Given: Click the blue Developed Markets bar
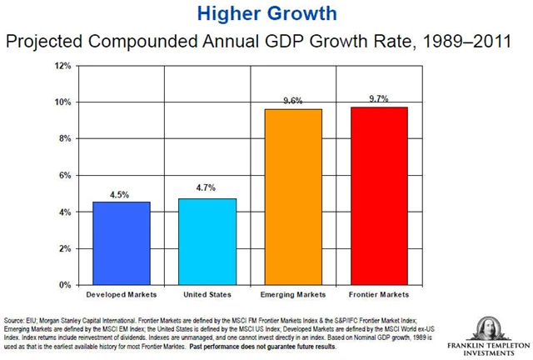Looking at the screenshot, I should click(122, 243).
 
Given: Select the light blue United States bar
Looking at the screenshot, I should click(207, 242).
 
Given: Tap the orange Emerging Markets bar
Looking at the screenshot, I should click(292, 197).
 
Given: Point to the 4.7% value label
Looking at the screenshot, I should click(207, 189).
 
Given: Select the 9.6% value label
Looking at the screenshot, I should click(292, 101).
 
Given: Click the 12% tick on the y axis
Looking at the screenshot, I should click(63, 65).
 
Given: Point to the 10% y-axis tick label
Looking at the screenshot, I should click(63, 102).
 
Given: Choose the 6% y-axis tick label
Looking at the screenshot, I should click(65, 175).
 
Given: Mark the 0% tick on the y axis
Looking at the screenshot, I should click(65, 285).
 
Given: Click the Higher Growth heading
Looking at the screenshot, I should click(266, 13).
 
